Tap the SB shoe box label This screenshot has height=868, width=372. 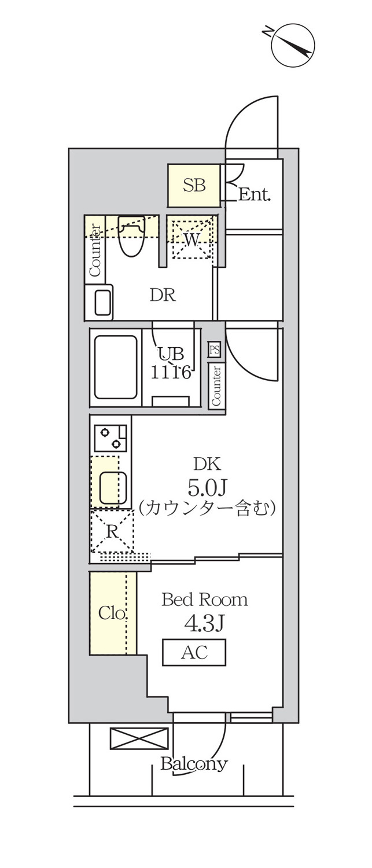(194, 185)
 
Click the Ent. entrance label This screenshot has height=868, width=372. (254, 194)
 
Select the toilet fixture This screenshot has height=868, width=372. (131, 236)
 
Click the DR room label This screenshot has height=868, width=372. (163, 295)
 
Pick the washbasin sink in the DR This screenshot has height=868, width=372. (99, 302)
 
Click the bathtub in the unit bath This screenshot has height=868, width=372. (116, 367)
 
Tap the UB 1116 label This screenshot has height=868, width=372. (171, 363)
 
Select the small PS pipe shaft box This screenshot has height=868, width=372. (214, 350)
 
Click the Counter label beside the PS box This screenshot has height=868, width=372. (216, 385)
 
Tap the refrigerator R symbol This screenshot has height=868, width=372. (112, 532)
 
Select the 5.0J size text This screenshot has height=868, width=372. (207, 487)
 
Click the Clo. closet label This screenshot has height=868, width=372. (113, 613)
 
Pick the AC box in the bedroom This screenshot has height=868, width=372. (194, 653)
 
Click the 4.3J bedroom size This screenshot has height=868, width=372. (205, 623)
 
